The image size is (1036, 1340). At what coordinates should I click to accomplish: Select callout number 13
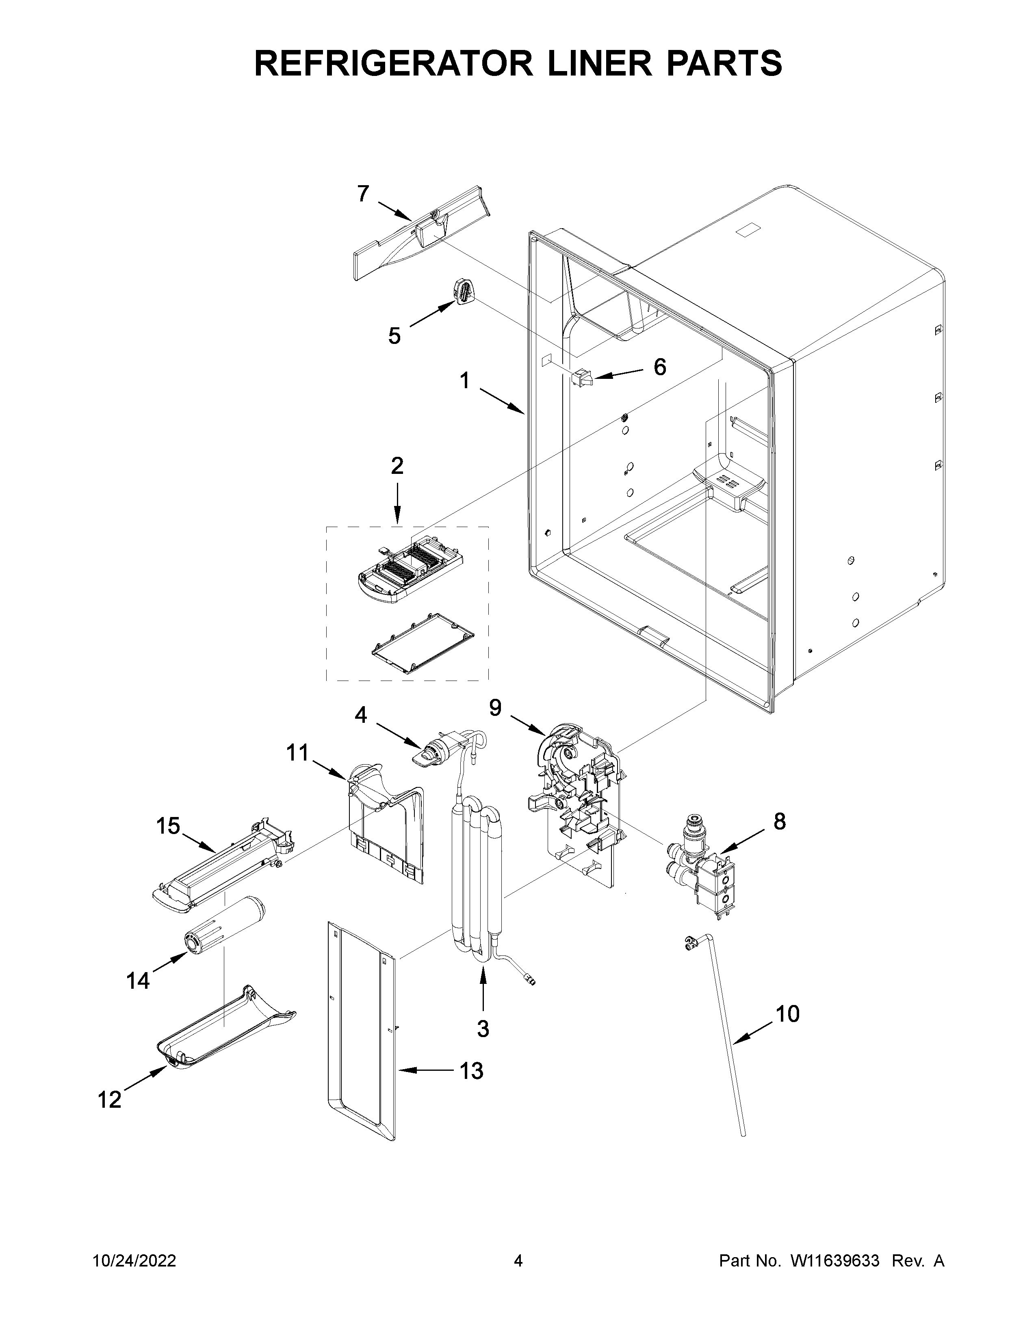pos(471,1071)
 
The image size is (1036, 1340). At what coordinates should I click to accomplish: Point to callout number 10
pos(787,1014)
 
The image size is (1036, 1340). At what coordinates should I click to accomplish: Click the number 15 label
pos(167,826)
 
